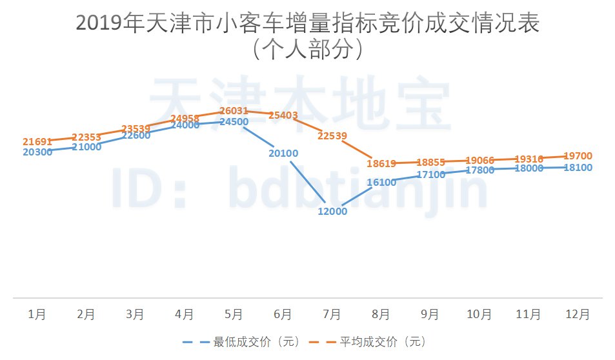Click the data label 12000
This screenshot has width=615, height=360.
click(x=332, y=212)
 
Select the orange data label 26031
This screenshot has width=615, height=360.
click(x=234, y=111)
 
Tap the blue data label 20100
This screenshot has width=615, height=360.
click(x=283, y=153)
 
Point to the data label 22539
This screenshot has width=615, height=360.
click(x=332, y=135)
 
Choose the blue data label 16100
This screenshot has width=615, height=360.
click(x=381, y=183)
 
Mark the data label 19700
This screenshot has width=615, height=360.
click(x=578, y=156)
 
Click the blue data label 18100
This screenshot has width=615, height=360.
click(x=578, y=168)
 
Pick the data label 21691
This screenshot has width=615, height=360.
click(x=37, y=141)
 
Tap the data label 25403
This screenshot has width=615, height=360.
click(x=283, y=115)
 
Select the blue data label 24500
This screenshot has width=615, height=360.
click(x=234, y=122)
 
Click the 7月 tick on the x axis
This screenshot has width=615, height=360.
click(x=332, y=315)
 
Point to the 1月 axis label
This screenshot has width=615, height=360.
click(x=37, y=315)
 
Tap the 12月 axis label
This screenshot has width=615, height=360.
click(x=578, y=315)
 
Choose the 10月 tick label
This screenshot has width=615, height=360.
click(x=479, y=315)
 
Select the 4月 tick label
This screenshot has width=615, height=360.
click(x=185, y=315)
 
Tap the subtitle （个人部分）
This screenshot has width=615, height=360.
click(x=307, y=50)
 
